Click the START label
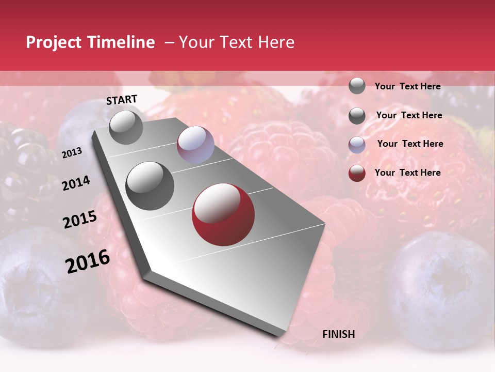coord(122,100)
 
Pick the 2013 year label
coord(72,153)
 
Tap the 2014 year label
coord(76,183)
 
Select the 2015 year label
coord(80,220)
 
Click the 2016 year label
coord(88,261)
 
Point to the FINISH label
coord(338,334)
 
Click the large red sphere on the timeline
coord(223,214)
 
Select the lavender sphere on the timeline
coord(195,145)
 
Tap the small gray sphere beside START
coord(126,127)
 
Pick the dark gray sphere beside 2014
coord(150,185)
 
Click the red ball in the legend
coord(357,173)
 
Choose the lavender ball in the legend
coord(357,145)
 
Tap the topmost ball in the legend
coord(357,86)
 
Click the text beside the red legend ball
coord(407,173)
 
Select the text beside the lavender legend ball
coord(410,144)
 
